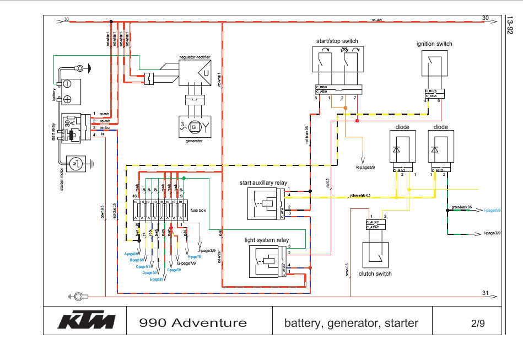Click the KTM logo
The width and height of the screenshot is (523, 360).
click(87, 321)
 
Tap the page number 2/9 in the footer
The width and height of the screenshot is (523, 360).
click(478, 323)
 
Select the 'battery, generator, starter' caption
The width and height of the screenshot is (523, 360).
click(351, 323)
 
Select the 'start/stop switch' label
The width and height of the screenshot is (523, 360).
click(337, 41)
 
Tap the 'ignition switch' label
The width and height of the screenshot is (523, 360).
click(434, 44)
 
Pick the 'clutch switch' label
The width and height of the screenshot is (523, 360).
click(375, 273)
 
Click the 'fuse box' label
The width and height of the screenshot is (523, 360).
click(198, 210)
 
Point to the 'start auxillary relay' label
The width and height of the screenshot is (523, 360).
click(263, 182)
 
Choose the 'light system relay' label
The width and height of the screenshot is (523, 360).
click(267, 240)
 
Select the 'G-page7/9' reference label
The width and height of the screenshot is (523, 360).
click(186, 264)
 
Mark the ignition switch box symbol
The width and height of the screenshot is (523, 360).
click(434, 69)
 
